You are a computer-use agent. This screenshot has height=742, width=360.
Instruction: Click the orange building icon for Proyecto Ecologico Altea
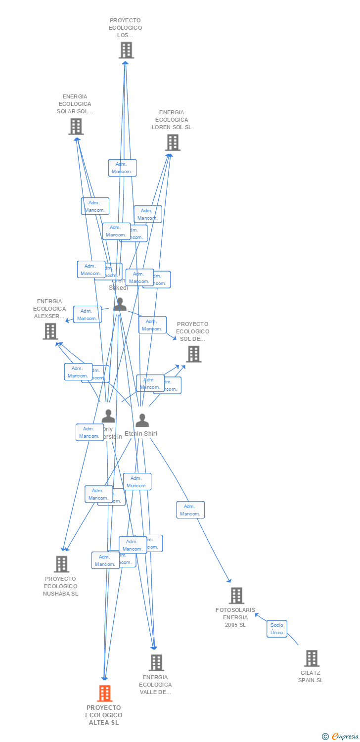pyautogui.click(x=105, y=693)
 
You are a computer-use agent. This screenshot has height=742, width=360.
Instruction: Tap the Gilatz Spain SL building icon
pyautogui.click(x=312, y=658)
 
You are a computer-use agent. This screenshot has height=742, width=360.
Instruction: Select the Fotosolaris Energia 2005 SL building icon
pyautogui.click(x=236, y=596)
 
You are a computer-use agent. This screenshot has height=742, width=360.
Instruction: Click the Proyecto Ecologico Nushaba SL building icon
pyautogui.click(x=61, y=564)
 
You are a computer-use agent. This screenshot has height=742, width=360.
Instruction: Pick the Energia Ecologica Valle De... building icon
pyautogui.click(x=156, y=662)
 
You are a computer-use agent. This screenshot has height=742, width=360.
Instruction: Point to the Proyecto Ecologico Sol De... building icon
pyautogui.click(x=193, y=354)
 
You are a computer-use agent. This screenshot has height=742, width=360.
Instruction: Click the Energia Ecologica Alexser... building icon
pyautogui.click(x=50, y=331)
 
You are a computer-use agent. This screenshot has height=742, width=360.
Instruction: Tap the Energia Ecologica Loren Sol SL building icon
pyautogui.click(x=172, y=142)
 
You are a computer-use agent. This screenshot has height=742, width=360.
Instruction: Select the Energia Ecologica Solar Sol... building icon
pyautogui.click(x=76, y=127)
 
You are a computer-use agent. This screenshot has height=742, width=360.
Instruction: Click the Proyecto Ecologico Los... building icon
pyautogui.click(x=126, y=50)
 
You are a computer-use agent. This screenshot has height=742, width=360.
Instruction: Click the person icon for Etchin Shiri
pyautogui.click(x=142, y=420)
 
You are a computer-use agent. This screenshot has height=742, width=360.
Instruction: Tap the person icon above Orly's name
pyautogui.click(x=108, y=416)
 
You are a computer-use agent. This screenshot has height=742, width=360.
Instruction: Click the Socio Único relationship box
pyautogui.click(x=277, y=629)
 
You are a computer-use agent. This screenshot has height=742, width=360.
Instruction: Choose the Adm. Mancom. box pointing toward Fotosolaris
pyautogui.click(x=190, y=510)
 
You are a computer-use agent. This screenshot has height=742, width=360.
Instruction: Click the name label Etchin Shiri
pyautogui.click(x=141, y=434)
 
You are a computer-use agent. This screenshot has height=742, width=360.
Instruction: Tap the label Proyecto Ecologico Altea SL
pyautogui.click(x=104, y=715)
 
